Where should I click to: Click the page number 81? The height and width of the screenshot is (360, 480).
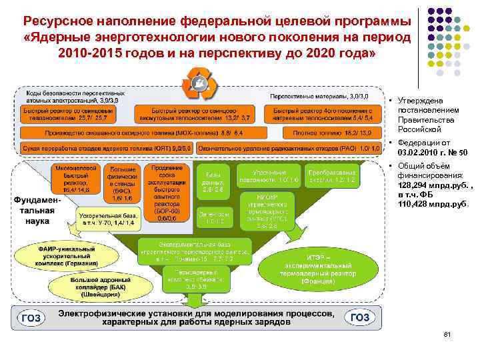click(447, 334)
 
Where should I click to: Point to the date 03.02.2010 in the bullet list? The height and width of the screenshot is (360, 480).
click(425, 153)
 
